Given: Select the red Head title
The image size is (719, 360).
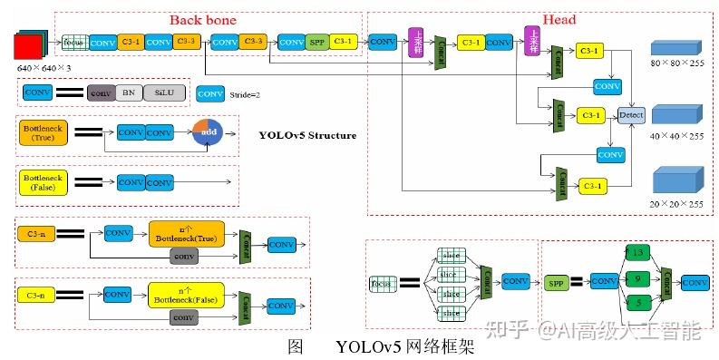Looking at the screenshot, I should tap(559, 19).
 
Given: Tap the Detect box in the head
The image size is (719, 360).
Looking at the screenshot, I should tap(630, 115).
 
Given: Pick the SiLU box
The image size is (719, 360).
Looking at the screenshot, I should tap(163, 92).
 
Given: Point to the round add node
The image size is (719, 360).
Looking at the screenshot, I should tap(207, 133).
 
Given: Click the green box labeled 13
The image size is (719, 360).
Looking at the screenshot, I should tap(638, 253).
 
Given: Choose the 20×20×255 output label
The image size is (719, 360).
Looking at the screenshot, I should tap(675, 204).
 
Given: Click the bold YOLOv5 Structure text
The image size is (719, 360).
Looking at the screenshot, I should tap(307, 136).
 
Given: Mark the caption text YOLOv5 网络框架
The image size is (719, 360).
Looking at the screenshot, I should tap(403, 347).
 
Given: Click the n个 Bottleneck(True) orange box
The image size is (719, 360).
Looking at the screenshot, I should tap(185, 233).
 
